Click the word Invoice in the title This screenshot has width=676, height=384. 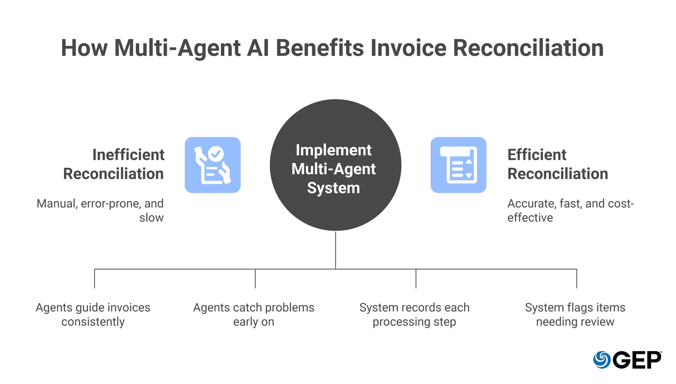point(408,48)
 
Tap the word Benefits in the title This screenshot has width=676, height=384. point(320,48)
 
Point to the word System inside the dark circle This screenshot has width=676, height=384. point(333,188)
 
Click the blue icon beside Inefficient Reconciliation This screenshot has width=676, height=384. point(213,165)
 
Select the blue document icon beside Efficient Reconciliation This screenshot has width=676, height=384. point(458,165)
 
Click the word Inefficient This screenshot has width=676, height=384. point(128,155)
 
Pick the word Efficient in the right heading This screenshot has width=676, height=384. point(537,155)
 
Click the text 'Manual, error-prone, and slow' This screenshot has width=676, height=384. point(100,211)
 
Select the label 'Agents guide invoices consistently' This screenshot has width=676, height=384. point(93,315)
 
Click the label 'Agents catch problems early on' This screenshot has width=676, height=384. point(254,315)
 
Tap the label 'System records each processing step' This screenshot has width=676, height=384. point(415,315)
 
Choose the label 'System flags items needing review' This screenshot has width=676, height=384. point(575,315)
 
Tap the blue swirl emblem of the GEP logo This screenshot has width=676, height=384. point(602,360)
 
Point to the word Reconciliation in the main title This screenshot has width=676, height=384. point(528,48)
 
